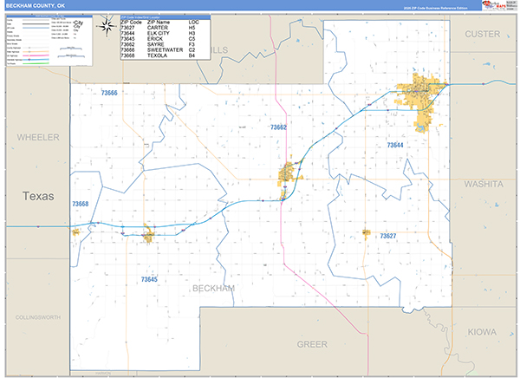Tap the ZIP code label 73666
tap(109, 93)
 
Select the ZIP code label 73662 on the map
tap(278, 127)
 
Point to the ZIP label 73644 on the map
tap(395, 145)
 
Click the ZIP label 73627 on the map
tap(387, 236)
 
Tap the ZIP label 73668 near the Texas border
tap(81, 204)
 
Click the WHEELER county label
tap(38, 137)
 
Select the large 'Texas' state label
tap(38, 197)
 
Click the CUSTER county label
tap(484, 33)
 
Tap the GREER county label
tap(312, 343)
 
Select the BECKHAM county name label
tap(213, 288)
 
